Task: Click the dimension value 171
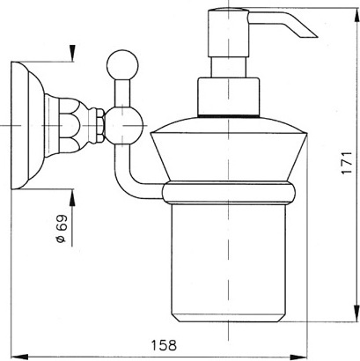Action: click(x=347, y=163)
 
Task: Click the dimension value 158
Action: click(x=164, y=345)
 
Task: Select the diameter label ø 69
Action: click(x=62, y=229)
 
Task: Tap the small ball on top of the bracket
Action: click(x=122, y=65)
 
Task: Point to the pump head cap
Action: click(x=229, y=33)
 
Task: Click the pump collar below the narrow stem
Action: click(x=229, y=97)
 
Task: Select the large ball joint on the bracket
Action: click(x=125, y=126)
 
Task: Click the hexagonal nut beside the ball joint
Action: click(x=100, y=126)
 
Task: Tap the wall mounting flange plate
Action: click(x=20, y=126)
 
